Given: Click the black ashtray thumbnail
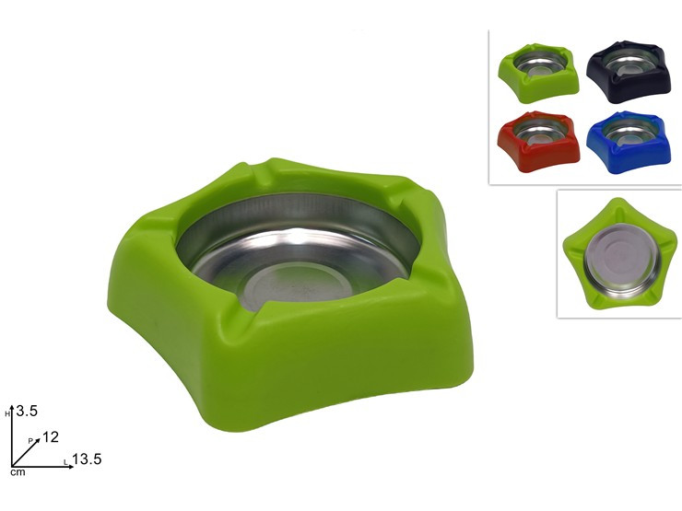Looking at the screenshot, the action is coord(629,72).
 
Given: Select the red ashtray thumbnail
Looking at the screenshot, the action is coord(538,141).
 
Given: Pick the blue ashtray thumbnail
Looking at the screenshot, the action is coord(629,142).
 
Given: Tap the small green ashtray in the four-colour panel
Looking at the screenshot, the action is coord(538,73).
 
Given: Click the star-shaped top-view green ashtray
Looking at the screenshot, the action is coord(620,254).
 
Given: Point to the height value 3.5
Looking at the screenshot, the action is coord(27,411).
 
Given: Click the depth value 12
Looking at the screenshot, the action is coord(51,436).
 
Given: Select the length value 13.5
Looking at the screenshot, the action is coord(87,459).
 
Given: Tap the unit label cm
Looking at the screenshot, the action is coord(18,472).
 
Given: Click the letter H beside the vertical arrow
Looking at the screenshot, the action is coord(7,414).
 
